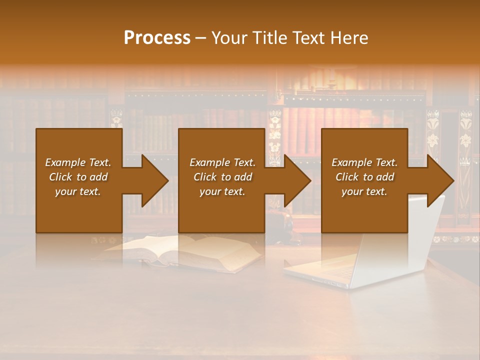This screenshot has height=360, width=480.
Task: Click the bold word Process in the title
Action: tap(157, 38)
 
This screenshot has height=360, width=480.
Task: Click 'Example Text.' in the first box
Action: tap(78, 162)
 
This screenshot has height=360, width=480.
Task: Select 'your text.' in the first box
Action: tap(78, 191)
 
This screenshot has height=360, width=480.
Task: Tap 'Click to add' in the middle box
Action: tap(222, 177)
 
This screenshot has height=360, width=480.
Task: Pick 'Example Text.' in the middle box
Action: tap(222, 162)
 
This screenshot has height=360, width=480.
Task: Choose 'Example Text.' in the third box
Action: tap(364, 162)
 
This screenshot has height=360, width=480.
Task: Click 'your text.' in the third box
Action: tap(364, 191)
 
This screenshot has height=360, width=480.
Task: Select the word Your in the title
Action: tap(228, 38)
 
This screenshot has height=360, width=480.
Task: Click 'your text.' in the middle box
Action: tap(222, 191)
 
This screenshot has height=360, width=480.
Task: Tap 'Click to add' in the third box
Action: tap(364, 177)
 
